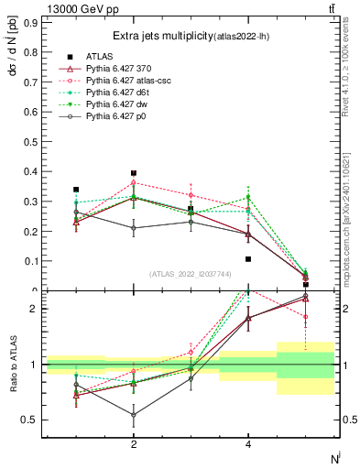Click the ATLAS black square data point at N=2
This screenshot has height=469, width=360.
click(134, 173)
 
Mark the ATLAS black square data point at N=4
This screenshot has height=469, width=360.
click(248, 259)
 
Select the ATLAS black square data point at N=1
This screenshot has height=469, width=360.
click(76, 190)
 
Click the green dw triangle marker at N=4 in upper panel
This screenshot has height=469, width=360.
click(248, 198)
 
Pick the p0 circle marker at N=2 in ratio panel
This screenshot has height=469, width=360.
click(134, 415)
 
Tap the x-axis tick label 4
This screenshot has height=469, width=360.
click(248, 445)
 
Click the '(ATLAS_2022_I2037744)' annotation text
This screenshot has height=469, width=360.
click(191, 275)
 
